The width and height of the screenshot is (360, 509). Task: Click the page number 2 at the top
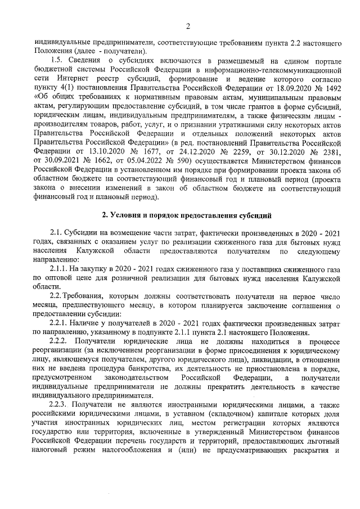click(x=187, y=25)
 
